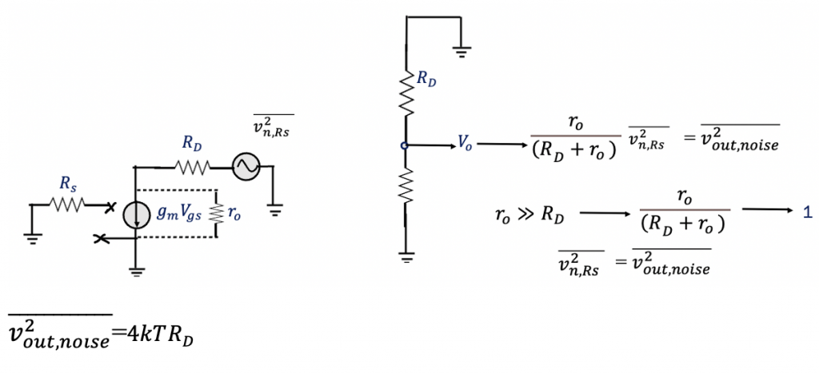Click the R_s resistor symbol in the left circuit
[70, 205]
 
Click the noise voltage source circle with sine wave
[243, 166]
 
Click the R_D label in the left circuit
[191, 144]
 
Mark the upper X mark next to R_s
[110, 207]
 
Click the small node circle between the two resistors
[406, 145]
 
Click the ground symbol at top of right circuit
[461, 51]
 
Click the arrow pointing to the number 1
[768, 209]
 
